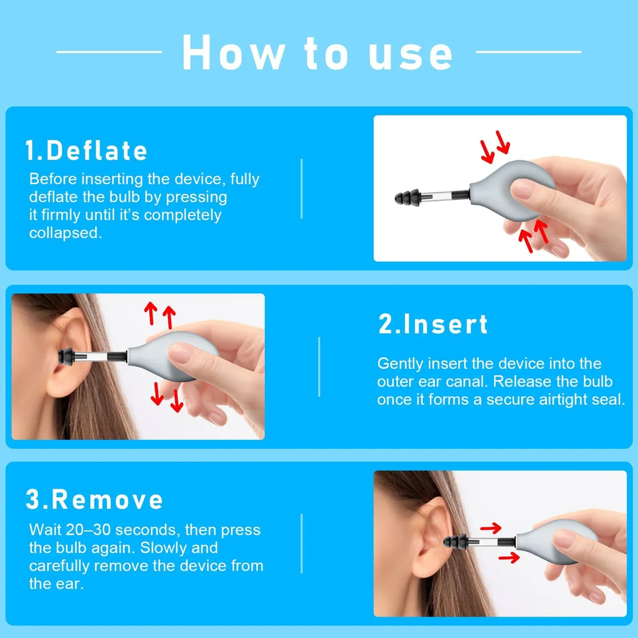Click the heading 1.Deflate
click(86, 150)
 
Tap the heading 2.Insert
click(433, 324)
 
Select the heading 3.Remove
click(94, 499)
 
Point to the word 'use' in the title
click(410, 57)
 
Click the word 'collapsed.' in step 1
click(65, 233)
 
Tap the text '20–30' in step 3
click(88, 530)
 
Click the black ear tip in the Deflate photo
click(407, 197)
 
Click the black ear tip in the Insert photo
click(66, 356)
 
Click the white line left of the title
click(109, 52)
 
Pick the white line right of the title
click(528, 52)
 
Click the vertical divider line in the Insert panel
click(319, 366)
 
